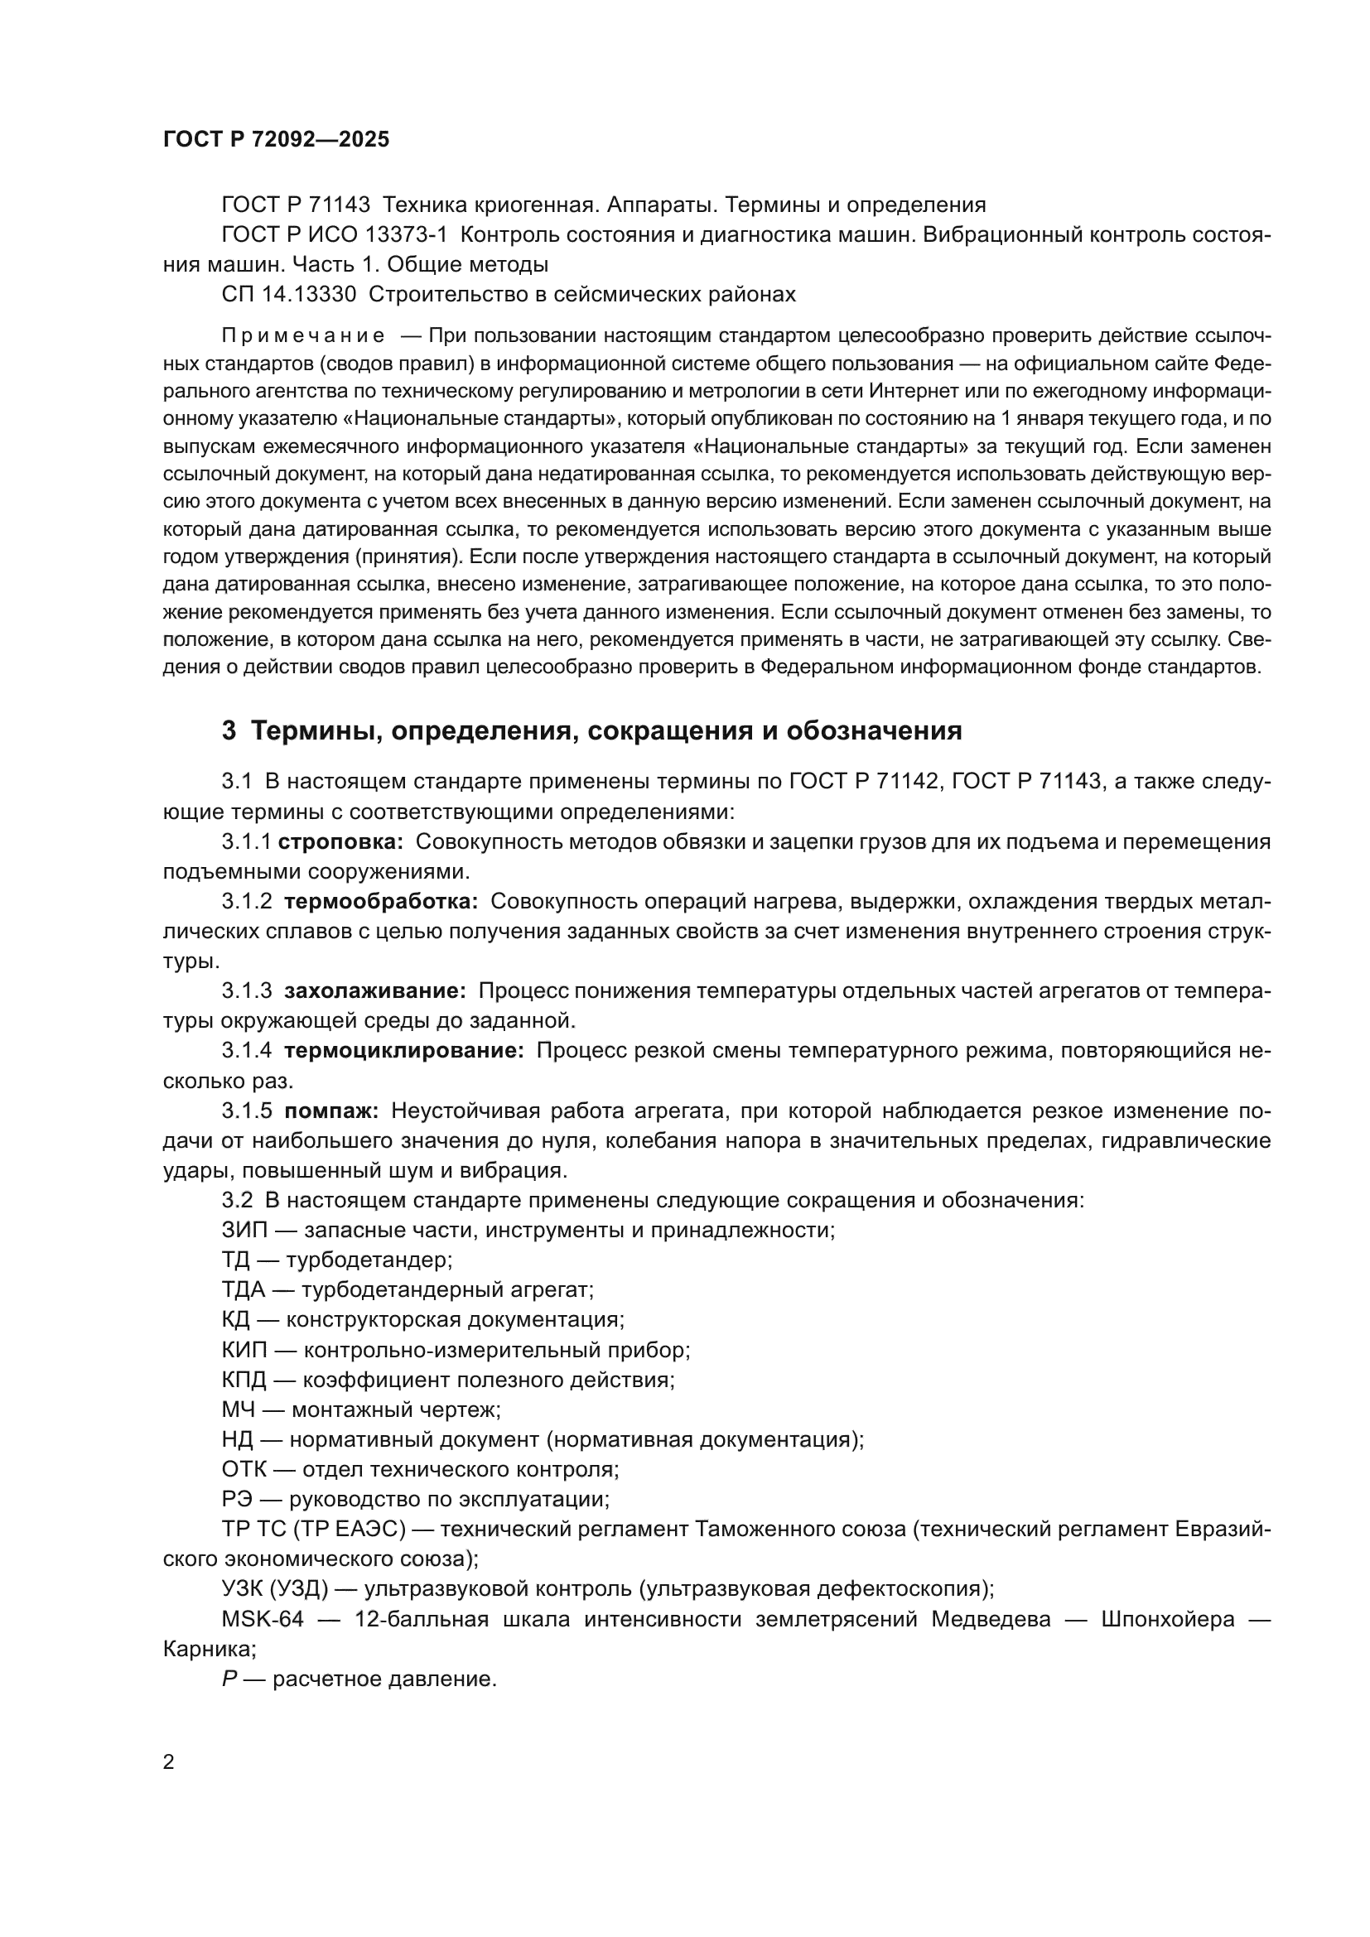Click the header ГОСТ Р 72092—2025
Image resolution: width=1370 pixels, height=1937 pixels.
click(276, 140)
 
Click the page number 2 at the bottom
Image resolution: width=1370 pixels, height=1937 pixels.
click(169, 1762)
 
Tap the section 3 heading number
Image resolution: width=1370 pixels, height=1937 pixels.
click(229, 730)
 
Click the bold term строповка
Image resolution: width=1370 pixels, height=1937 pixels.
click(340, 842)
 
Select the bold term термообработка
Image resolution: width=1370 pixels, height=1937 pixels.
click(380, 902)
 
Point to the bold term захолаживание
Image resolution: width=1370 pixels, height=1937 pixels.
click(374, 991)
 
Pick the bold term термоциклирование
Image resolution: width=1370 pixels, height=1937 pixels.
click(404, 1051)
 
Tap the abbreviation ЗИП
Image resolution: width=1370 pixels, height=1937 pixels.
click(244, 1230)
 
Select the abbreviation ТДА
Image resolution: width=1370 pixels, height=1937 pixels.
click(243, 1290)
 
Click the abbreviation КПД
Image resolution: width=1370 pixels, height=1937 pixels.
click(244, 1380)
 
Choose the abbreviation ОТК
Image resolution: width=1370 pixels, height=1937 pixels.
click(244, 1470)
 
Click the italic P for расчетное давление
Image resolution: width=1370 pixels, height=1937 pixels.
click(229, 1679)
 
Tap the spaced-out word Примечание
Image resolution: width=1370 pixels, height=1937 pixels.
click(303, 336)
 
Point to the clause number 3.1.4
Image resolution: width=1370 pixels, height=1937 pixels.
click(246, 1051)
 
